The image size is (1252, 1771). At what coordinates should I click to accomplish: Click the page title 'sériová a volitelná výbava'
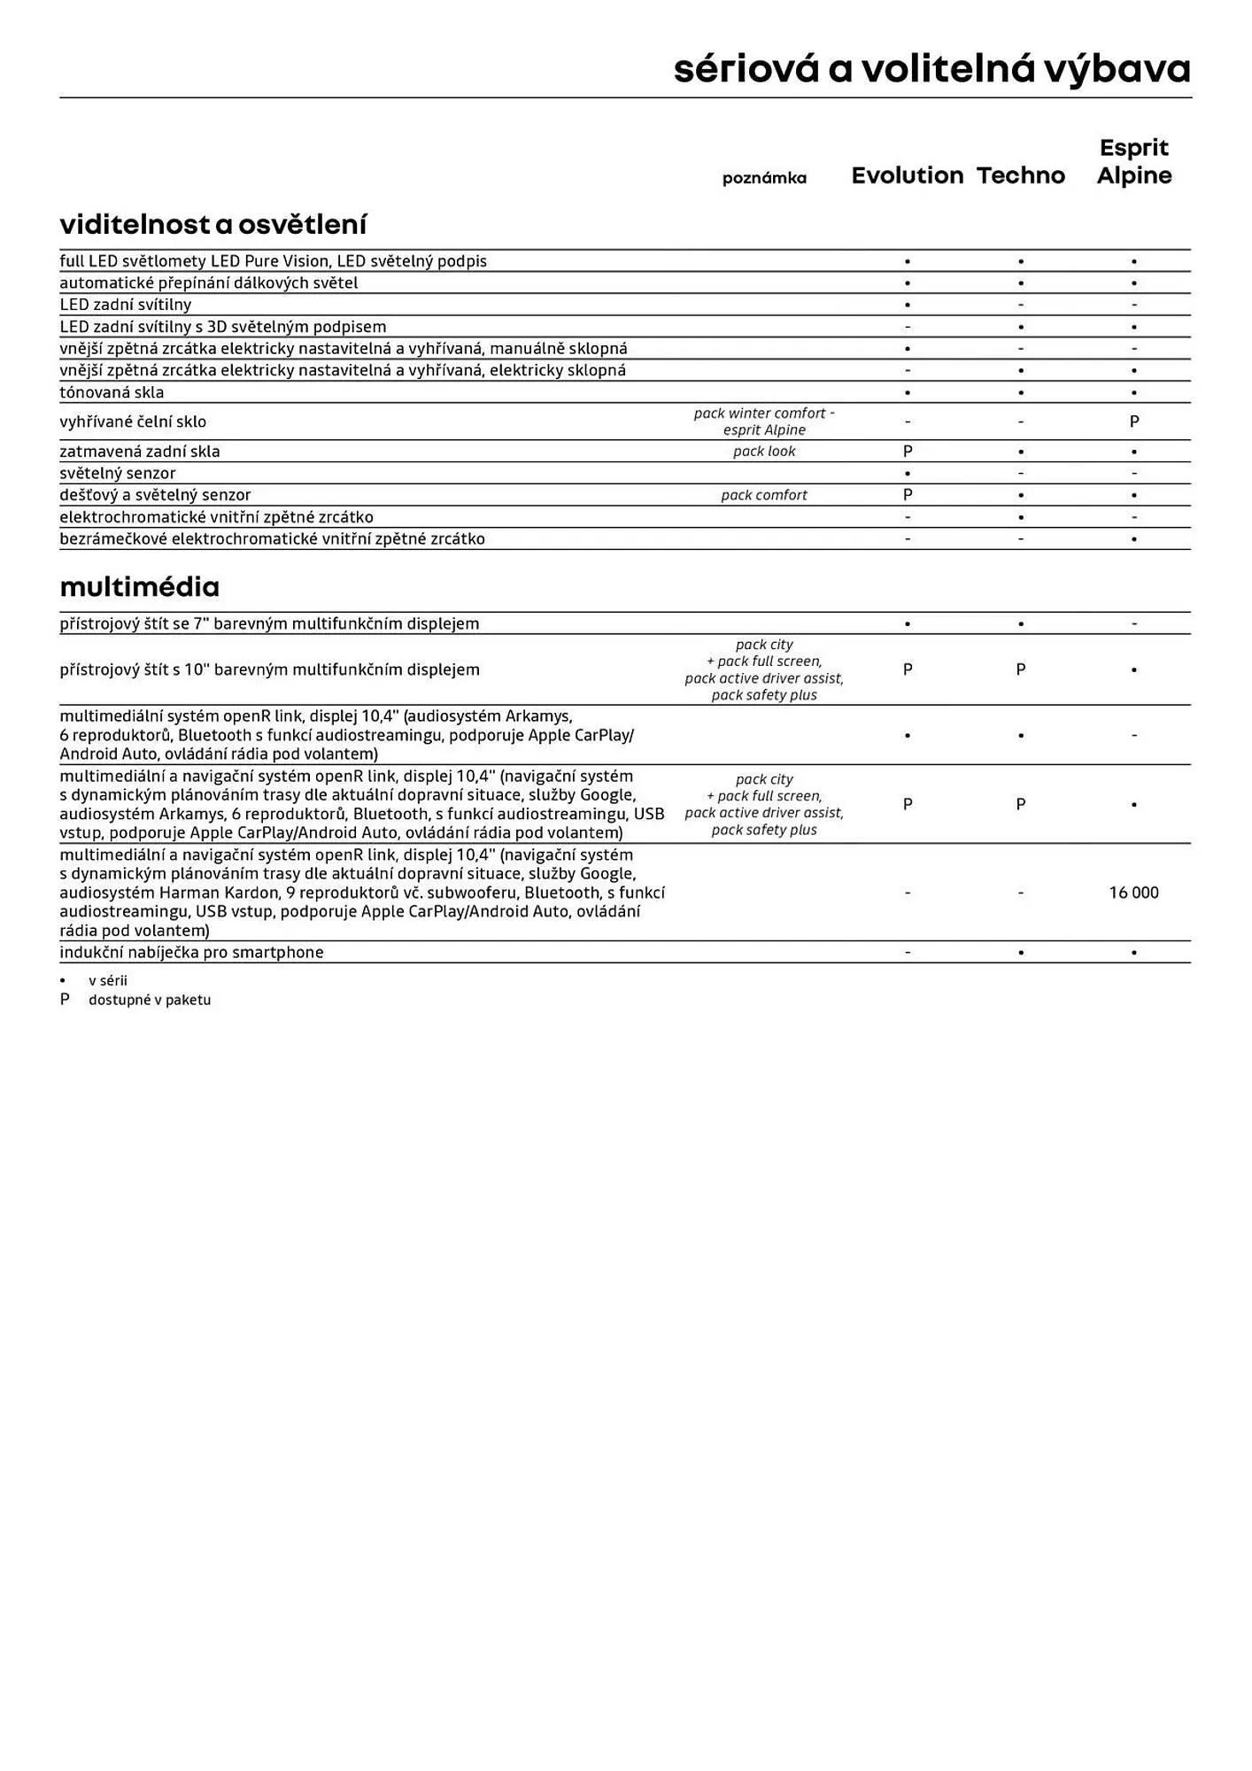931,69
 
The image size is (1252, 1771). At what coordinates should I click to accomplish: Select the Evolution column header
907,175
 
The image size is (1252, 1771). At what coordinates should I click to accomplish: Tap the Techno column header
1021,175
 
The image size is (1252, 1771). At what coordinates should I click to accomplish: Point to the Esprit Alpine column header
1133,161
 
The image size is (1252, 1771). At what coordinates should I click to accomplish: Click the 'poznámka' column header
764,178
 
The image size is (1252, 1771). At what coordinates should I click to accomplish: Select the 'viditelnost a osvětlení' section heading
213,224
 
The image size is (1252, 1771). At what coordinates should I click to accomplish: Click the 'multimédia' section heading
139,586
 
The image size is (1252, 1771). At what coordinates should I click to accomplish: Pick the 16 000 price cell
1133,893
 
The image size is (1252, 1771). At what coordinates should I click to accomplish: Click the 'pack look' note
764,452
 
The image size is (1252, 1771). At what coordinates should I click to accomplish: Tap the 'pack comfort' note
764,495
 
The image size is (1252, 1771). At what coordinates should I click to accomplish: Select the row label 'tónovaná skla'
112,392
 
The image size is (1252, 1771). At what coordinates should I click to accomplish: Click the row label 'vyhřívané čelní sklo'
133,421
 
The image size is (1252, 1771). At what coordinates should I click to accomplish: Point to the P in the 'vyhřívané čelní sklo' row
1134,421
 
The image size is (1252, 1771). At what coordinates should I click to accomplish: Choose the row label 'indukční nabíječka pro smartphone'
191,953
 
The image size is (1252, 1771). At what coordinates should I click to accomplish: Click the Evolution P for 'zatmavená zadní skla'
908,452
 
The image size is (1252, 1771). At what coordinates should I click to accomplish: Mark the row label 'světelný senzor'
117,474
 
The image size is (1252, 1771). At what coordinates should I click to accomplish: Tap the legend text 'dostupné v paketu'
150,1000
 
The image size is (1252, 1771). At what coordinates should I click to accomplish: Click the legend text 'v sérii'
108,980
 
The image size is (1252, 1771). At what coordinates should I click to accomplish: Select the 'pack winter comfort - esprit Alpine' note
764,421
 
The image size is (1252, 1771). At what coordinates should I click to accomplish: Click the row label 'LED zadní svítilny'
125,305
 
